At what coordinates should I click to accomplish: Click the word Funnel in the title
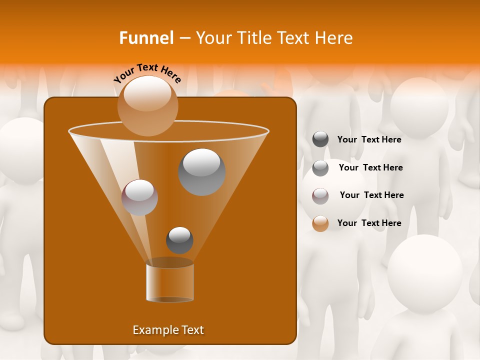point(146,37)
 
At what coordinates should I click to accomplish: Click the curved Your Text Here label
point(147,73)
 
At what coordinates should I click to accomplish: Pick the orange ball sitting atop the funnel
point(148,105)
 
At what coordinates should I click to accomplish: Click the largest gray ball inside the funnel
point(201,172)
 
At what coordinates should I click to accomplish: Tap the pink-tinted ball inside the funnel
point(139,197)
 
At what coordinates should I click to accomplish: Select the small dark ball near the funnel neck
point(179,240)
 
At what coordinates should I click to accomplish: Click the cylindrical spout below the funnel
point(170,282)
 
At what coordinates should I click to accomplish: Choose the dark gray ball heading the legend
point(320,139)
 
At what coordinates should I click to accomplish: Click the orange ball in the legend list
point(320,223)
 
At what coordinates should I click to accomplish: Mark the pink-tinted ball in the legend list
point(320,196)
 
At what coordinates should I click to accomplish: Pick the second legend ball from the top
point(320,168)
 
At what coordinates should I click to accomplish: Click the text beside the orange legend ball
point(369,223)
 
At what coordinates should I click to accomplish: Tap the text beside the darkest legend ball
point(369,139)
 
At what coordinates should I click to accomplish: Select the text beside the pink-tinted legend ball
point(371,195)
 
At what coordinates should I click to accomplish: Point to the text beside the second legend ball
point(370,167)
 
